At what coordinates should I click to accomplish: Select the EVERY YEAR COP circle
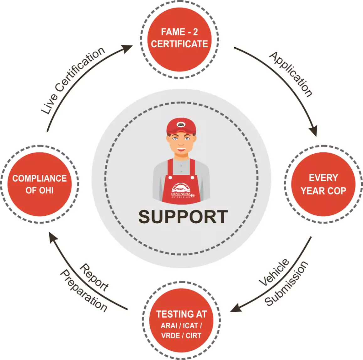coord(323,184)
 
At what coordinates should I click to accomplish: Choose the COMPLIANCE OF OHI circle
coord(40,184)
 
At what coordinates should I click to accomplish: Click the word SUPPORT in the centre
coord(183,217)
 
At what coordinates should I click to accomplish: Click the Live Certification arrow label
coord(73,80)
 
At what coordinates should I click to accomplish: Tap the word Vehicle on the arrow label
coord(274,272)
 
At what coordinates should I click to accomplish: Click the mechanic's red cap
coord(181,125)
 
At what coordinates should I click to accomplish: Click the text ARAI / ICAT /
coord(181,326)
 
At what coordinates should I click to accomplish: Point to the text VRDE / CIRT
coord(181,336)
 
